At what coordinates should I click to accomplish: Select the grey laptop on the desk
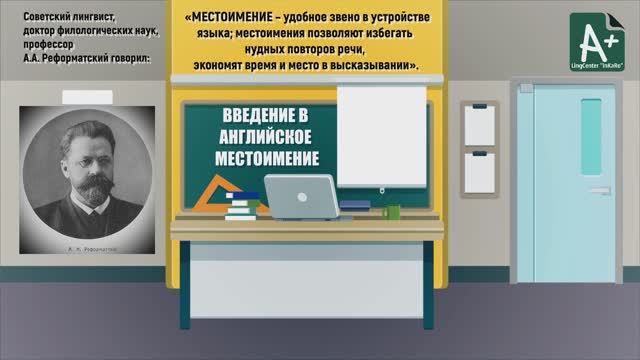tap(301, 192)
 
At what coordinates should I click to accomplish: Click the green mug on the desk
tap(393, 211)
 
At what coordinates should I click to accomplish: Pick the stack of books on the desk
tap(242, 206)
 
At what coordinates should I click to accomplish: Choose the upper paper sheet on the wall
tap(479, 123)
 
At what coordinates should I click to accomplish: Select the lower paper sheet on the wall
tap(479, 172)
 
